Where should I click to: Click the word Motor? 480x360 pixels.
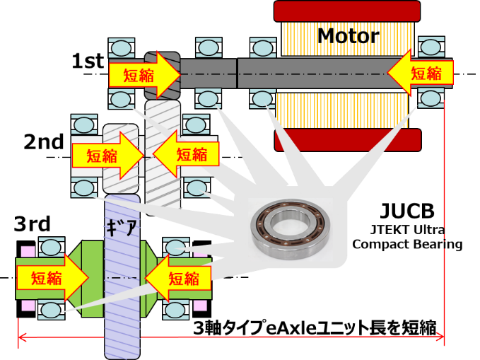(x=348, y=35)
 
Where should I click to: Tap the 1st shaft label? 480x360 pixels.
(x=88, y=62)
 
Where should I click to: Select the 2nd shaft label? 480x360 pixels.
(x=44, y=141)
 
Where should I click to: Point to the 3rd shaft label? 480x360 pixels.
(x=33, y=225)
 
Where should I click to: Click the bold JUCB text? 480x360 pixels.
(x=406, y=211)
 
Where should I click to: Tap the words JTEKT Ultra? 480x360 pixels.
(x=407, y=230)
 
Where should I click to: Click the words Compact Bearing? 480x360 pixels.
(x=407, y=245)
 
